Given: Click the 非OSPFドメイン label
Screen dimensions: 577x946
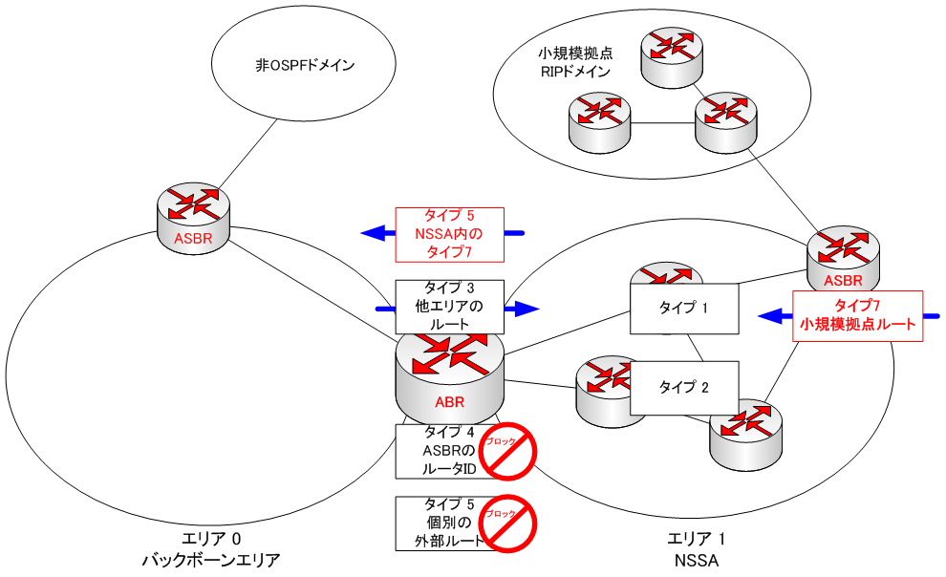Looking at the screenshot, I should click(x=305, y=66).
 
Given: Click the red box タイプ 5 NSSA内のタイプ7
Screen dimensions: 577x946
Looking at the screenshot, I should click(x=449, y=234).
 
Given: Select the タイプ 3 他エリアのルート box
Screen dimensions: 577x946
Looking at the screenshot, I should click(x=449, y=306).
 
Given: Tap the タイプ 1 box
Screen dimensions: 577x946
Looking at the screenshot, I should click(x=685, y=308).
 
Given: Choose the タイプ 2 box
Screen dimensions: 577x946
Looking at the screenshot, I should click(x=685, y=387).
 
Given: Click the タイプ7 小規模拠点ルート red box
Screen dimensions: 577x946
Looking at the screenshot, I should click(x=858, y=316).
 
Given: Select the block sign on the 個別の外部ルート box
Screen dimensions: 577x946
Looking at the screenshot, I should click(x=507, y=522).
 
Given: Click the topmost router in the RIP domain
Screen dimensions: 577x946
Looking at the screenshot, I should click(x=670, y=53).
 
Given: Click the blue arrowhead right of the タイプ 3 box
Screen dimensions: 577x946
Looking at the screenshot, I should click(x=527, y=308).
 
